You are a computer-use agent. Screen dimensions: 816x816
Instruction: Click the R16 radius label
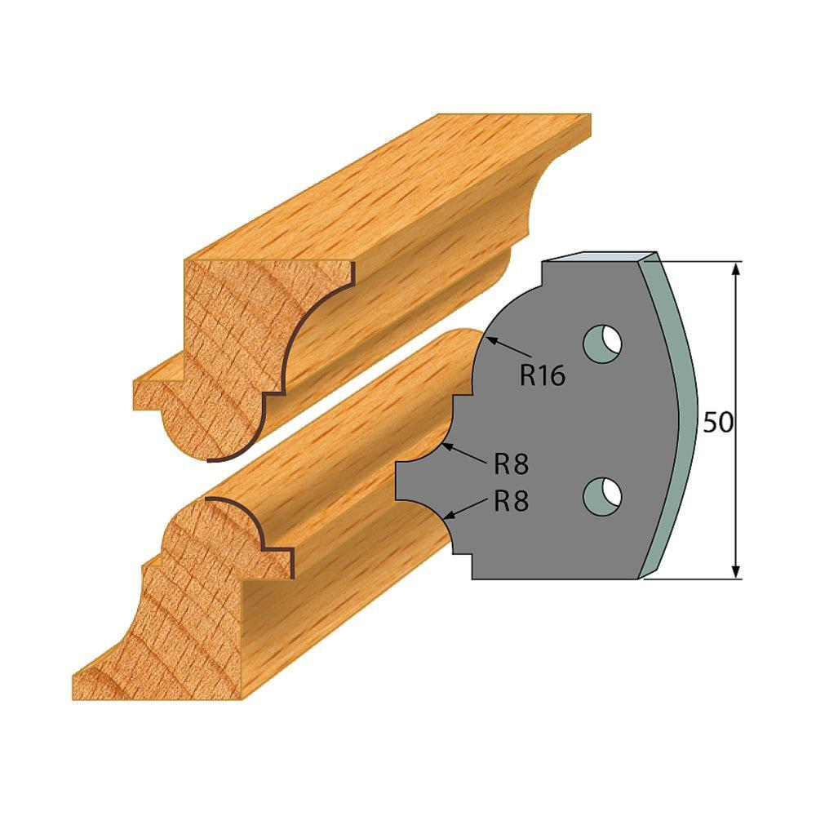point(542,375)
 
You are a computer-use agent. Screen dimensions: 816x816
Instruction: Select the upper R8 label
point(511,464)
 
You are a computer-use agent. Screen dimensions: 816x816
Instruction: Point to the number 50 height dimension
point(717,422)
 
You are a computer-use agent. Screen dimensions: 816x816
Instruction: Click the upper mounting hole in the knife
point(602,343)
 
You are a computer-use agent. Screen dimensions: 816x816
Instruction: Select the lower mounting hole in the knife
point(602,494)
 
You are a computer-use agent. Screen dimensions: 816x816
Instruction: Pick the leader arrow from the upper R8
point(465,454)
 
